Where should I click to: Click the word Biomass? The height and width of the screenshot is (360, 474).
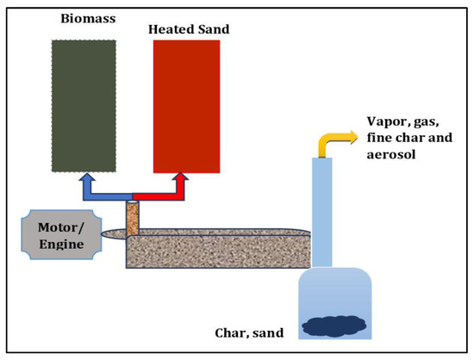click(84, 18)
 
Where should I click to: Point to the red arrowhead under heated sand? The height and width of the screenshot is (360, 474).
click(183, 182)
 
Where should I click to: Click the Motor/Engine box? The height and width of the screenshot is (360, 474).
click(59, 232)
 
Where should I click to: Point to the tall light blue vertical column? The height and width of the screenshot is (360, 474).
click(321, 211)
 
